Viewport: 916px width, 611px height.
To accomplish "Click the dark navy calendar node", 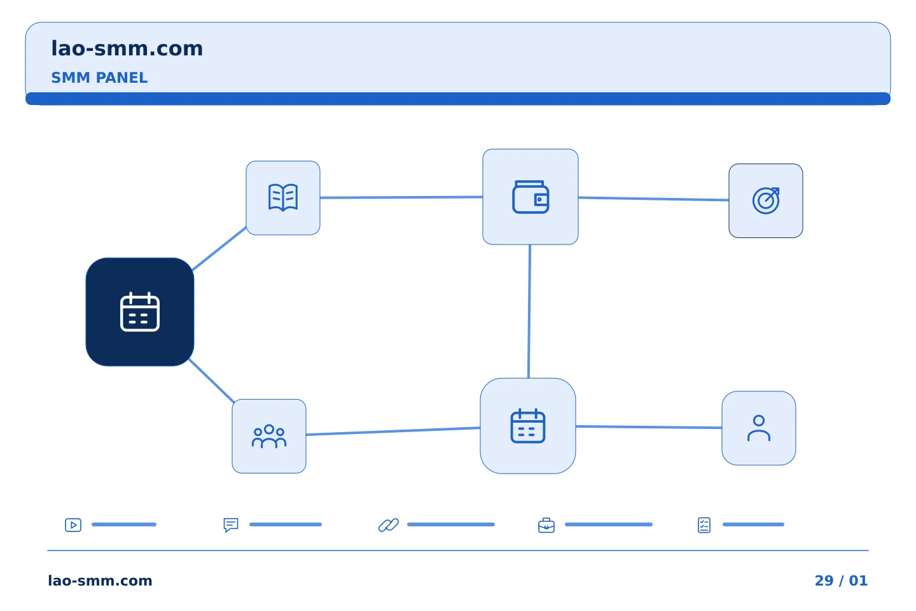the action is (140, 312).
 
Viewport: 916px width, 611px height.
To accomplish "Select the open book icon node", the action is (283, 198).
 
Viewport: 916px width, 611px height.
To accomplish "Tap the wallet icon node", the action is (531, 197).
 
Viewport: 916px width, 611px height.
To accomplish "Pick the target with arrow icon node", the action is (766, 201).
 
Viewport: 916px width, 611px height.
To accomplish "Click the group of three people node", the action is (269, 436).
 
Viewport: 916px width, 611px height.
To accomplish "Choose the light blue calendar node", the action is (528, 426).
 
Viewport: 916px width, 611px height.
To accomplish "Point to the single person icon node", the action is (759, 428).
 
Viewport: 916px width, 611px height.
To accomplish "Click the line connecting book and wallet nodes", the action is (401, 197).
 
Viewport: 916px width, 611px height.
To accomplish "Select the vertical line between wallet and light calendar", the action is (529, 311).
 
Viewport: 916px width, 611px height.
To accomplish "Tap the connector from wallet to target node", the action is (653, 199).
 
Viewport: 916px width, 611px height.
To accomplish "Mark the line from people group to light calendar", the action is (393, 431).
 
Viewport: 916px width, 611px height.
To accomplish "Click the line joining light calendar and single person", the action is (649, 427).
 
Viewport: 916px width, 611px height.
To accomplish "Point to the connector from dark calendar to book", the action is (219, 249).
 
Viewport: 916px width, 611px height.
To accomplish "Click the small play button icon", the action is (73, 524).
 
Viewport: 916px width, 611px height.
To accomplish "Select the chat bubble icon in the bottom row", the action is (231, 524).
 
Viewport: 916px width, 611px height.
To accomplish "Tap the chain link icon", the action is (389, 524).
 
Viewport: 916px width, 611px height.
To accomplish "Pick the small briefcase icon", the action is (546, 525).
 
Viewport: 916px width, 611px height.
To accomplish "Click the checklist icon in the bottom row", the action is (704, 525).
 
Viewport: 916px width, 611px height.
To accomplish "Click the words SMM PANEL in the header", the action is (99, 78).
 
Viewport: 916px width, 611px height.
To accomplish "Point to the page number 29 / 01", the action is (841, 580).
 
